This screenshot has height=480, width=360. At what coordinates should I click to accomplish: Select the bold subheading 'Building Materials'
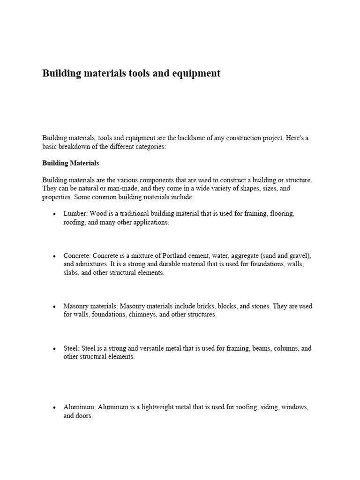(70, 164)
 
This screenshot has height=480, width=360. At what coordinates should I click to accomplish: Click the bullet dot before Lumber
(55, 214)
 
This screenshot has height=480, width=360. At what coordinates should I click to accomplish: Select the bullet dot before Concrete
(55, 256)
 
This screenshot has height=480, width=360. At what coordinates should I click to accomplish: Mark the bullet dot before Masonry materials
(55, 307)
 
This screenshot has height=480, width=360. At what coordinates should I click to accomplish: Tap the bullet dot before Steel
(55, 349)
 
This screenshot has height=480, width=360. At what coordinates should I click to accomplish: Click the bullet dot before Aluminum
(55, 408)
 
